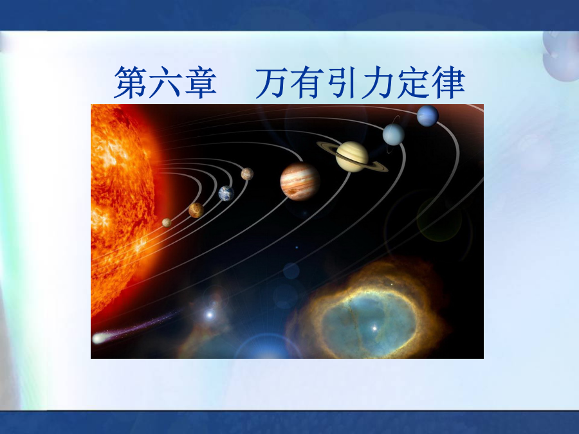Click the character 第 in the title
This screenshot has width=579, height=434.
tap(129, 82)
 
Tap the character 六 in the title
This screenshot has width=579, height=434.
tap(165, 82)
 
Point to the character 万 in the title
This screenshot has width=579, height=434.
tap(271, 83)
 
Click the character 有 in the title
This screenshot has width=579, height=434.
tap(307, 82)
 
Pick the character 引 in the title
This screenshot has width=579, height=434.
tap(342, 82)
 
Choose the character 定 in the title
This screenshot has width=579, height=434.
tap(413, 82)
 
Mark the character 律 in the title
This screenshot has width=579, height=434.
tap(448, 82)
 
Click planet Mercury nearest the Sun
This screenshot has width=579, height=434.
tap(167, 222)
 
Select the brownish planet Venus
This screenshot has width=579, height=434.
tap(196, 210)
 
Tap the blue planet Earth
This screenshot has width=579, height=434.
tap(226, 194)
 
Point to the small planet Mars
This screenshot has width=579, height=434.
tap(247, 174)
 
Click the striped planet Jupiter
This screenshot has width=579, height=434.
tap(300, 181)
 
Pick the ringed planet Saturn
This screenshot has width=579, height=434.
tap(353, 157)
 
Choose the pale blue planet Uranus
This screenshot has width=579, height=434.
tap(394, 134)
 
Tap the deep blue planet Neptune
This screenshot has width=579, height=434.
tap(428, 116)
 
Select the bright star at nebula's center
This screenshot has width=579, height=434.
tap(374, 328)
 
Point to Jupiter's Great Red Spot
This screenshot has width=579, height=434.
tap(293, 192)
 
